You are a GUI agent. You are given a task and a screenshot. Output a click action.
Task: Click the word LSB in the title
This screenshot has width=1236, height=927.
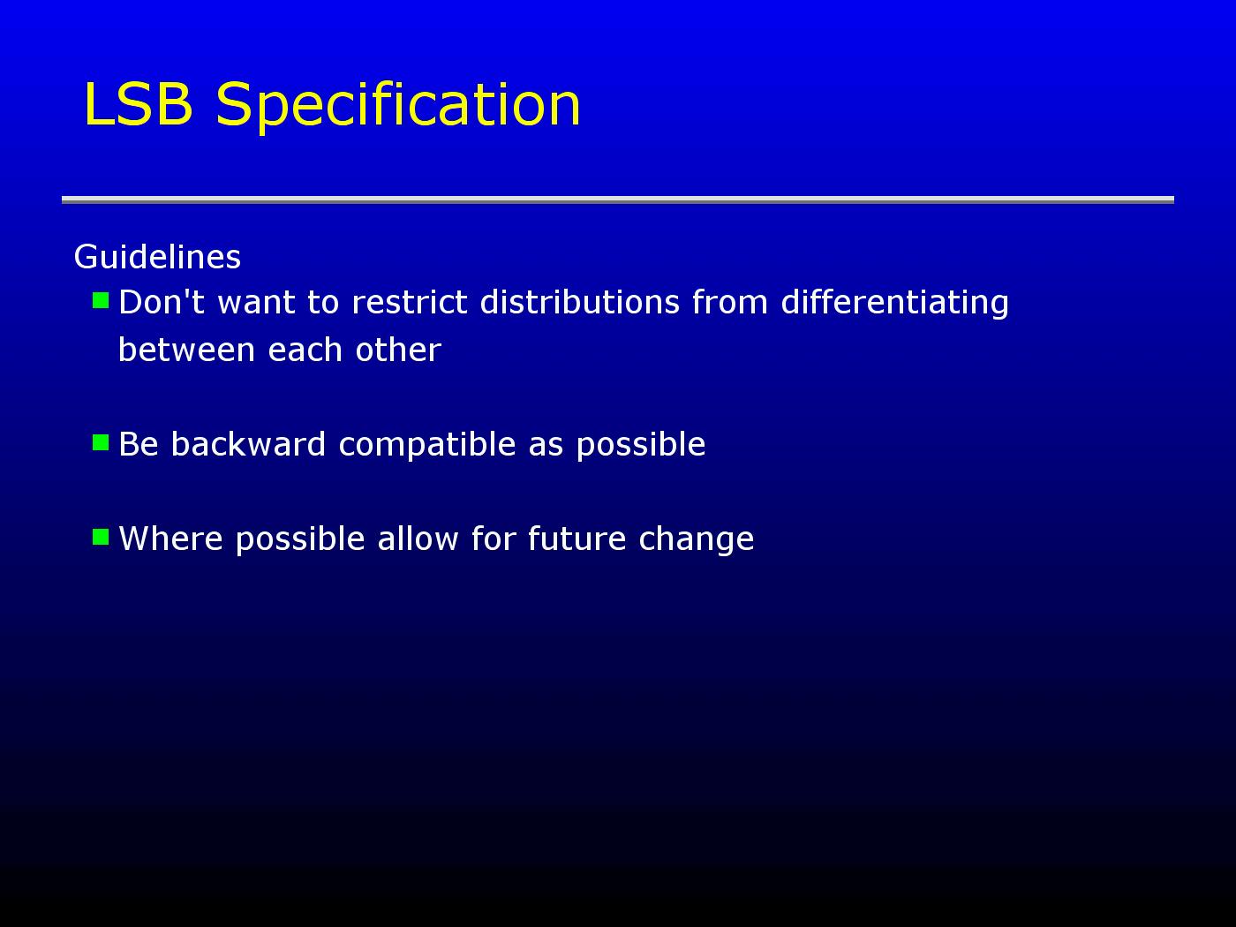(139, 103)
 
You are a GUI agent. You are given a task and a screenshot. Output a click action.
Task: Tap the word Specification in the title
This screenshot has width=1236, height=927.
(398, 107)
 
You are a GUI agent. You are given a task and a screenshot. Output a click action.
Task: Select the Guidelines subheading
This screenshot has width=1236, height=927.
(157, 257)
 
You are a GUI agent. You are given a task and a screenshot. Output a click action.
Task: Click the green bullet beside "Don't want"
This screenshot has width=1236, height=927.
(101, 300)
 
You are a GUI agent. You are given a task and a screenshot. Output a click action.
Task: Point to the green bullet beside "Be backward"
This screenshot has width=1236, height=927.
(101, 442)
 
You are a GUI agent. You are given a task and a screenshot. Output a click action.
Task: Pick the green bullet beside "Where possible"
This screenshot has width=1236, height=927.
(101, 537)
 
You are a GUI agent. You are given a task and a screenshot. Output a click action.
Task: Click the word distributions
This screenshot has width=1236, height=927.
(579, 302)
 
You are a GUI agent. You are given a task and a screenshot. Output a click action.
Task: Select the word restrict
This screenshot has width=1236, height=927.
(410, 302)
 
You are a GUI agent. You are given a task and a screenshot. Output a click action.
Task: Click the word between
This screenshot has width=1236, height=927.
(187, 350)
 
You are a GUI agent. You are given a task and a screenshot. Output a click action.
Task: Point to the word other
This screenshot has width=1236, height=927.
(398, 350)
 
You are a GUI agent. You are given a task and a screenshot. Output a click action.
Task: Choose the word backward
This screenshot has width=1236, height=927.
(248, 444)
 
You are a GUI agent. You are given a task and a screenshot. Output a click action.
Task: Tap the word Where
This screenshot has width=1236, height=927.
(171, 539)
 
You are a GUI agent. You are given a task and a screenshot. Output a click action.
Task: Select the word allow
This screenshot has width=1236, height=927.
(418, 539)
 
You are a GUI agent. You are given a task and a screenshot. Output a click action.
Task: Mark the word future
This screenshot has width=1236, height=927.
(577, 539)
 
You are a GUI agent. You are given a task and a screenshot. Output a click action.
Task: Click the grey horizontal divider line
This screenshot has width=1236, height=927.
(618, 200)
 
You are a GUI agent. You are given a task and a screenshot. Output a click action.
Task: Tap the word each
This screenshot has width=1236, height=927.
(305, 350)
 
